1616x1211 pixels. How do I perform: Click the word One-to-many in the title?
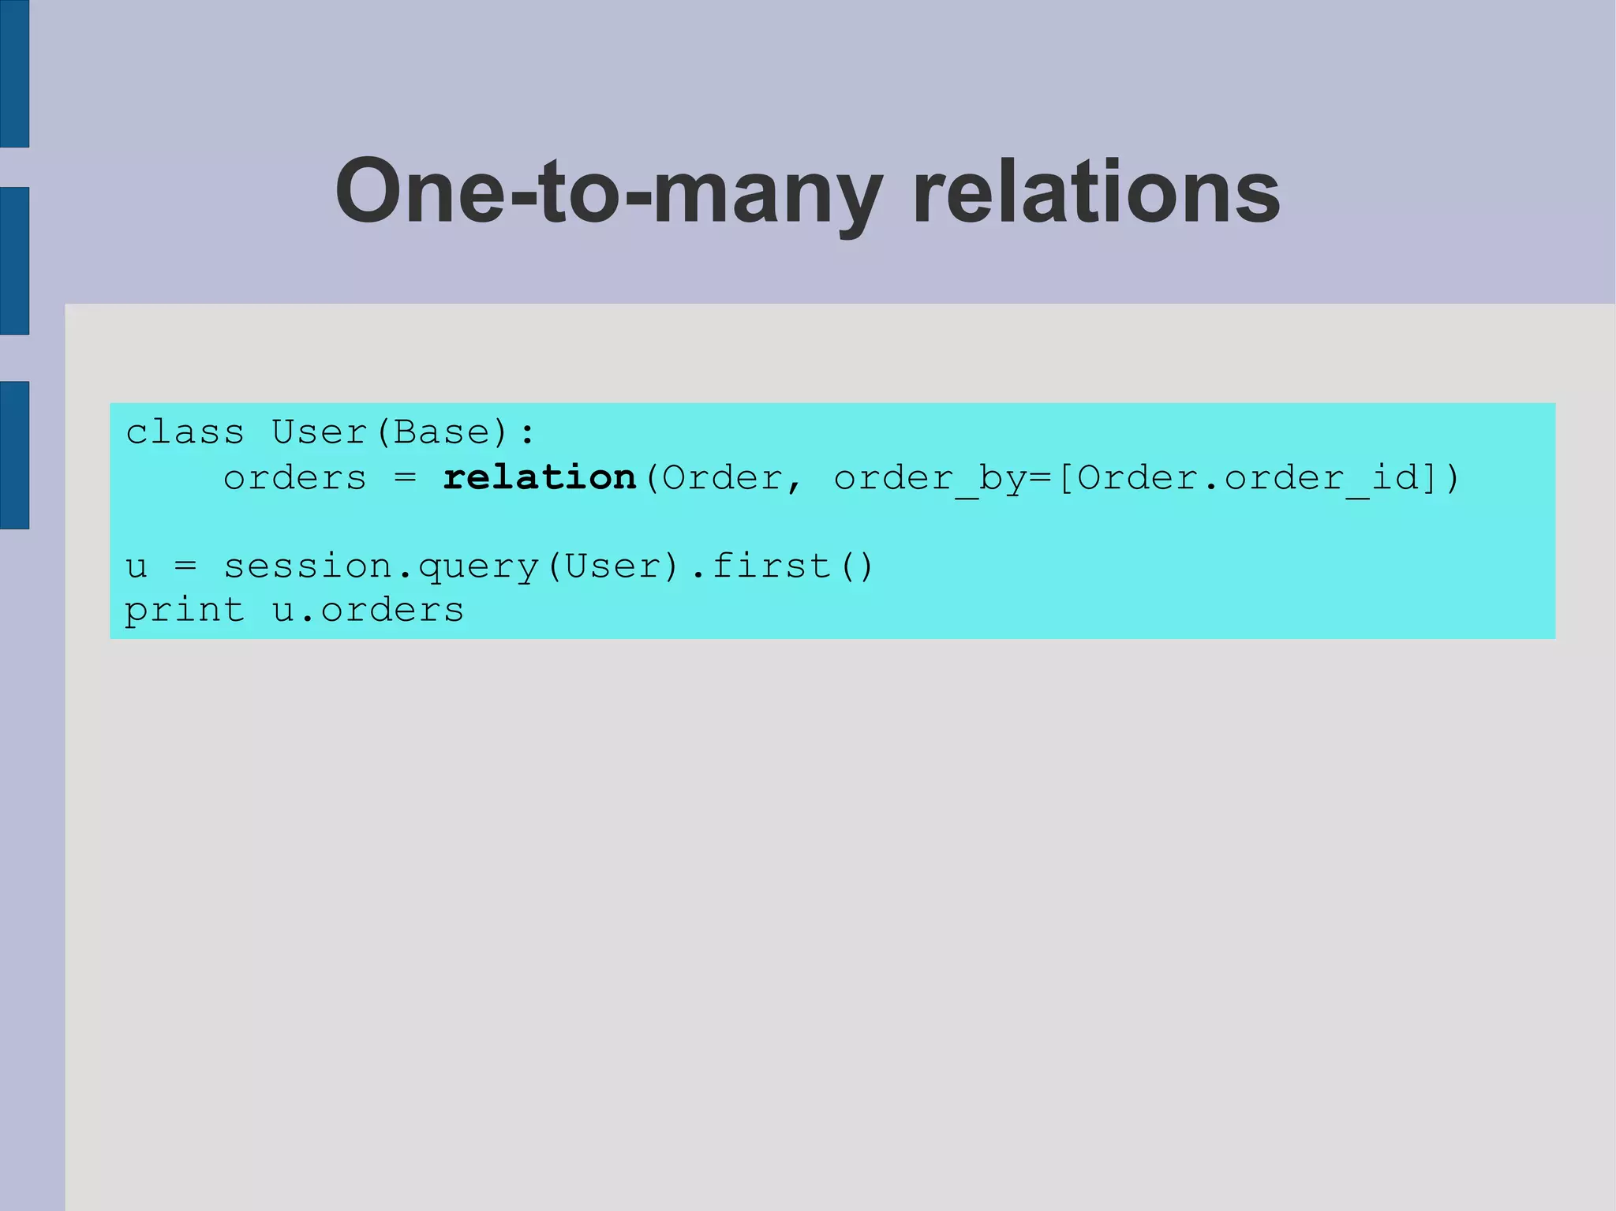tap(608, 192)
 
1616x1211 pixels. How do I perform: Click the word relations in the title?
tap(1096, 192)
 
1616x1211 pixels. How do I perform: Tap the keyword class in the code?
tap(185, 432)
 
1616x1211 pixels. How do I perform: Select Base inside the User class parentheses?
tap(441, 432)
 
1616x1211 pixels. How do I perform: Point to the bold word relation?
tap(540, 477)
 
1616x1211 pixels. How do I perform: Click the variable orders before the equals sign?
tap(295, 478)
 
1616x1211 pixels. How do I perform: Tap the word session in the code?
tap(308, 566)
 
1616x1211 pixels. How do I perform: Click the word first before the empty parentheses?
tap(771, 566)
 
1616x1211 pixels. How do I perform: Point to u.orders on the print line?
tap(368, 611)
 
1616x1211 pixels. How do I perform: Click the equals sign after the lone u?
tap(185, 566)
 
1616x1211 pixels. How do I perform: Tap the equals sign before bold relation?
tap(405, 478)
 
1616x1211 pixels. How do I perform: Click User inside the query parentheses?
tap(612, 566)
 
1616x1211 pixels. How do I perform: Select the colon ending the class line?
tap(527, 433)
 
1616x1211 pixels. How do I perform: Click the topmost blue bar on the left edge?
tap(14, 73)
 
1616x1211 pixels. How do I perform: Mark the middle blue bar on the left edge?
tap(14, 260)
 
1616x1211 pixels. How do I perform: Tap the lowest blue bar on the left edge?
tap(14, 455)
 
